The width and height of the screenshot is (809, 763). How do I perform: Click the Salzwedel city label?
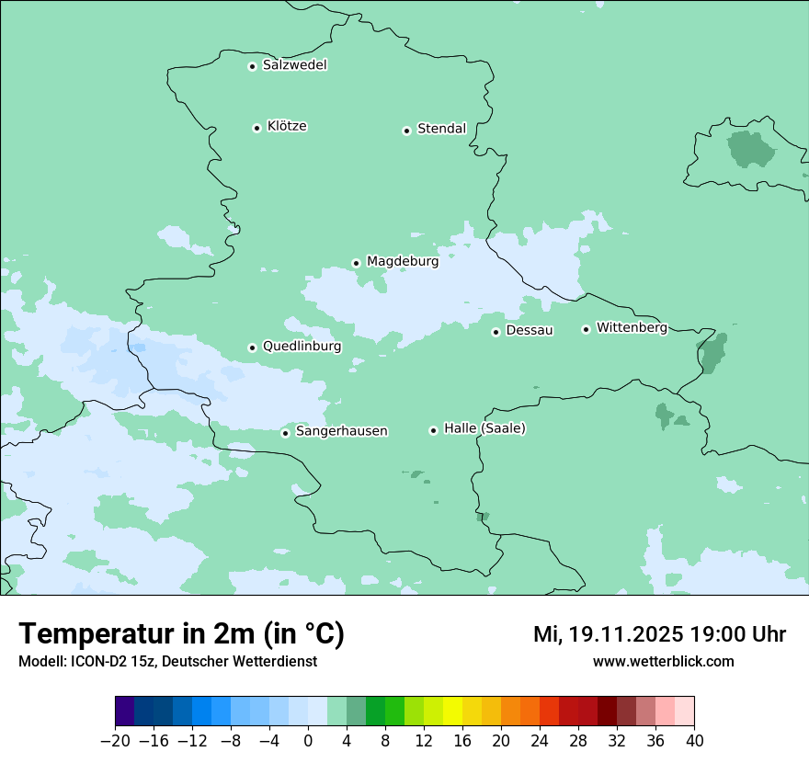(294, 65)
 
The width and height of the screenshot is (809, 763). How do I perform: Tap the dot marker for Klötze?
(256, 128)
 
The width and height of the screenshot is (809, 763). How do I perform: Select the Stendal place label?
(441, 129)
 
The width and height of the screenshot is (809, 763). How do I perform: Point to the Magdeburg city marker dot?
(356, 263)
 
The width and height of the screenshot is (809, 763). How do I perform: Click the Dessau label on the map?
(530, 330)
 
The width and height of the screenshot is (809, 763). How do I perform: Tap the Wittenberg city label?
(632, 327)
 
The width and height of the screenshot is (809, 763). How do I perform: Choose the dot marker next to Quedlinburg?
(252, 347)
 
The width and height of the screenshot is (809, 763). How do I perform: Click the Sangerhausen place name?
(341, 431)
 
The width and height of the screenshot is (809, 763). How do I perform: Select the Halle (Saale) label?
(484, 428)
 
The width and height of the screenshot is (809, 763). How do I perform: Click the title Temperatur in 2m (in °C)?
(181, 633)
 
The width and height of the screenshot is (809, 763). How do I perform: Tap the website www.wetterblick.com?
(663, 661)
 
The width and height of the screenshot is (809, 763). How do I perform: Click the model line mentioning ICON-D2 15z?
(167, 661)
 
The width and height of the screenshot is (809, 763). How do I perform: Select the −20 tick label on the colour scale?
(116, 741)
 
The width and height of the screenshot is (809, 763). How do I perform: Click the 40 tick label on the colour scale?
(694, 741)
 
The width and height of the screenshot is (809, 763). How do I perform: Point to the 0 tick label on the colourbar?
(308, 741)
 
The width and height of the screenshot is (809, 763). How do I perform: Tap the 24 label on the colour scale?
(540, 741)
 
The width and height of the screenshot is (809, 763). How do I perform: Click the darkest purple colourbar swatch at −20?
(125, 712)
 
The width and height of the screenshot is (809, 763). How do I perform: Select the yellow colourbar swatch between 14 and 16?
(452, 712)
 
